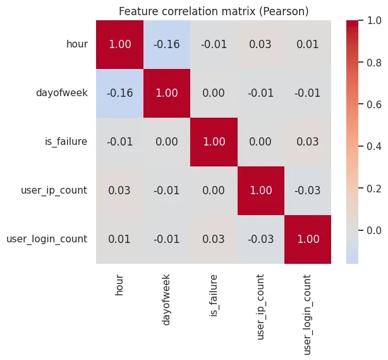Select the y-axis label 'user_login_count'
tap(47, 239)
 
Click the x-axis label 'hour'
tap(119, 283)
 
